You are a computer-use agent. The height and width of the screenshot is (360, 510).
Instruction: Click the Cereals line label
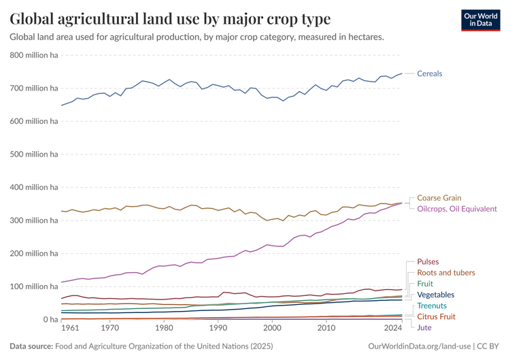pyautogui.click(x=429, y=73)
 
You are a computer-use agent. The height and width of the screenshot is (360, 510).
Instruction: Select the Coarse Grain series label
pyautogui.click(x=439, y=198)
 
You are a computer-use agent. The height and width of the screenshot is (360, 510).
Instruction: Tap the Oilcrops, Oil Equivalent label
pyautogui.click(x=456, y=209)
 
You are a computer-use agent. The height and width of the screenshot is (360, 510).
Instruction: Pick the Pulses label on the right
pyautogui.click(x=428, y=261)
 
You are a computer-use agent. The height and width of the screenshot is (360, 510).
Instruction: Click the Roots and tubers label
pyautogui.click(x=446, y=272)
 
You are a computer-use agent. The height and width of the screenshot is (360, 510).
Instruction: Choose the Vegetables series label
pyautogui.click(x=435, y=295)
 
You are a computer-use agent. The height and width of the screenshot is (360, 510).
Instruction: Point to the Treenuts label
pyautogui.click(x=432, y=306)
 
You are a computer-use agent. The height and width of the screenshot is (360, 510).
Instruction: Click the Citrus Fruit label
pyautogui.click(x=436, y=316)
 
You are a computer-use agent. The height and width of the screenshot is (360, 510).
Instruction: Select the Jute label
pyautogui.click(x=424, y=327)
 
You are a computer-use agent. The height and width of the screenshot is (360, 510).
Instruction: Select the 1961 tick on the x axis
pyautogui.click(x=70, y=328)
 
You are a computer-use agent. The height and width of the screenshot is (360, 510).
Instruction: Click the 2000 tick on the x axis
pyautogui.click(x=272, y=328)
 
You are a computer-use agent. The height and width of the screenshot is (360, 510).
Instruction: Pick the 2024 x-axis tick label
pyautogui.click(x=393, y=328)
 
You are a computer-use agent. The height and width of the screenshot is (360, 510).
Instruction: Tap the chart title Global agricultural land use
pyautogui.click(x=170, y=18)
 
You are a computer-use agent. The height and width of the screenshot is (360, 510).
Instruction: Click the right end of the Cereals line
pyautogui.click(x=402, y=73)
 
